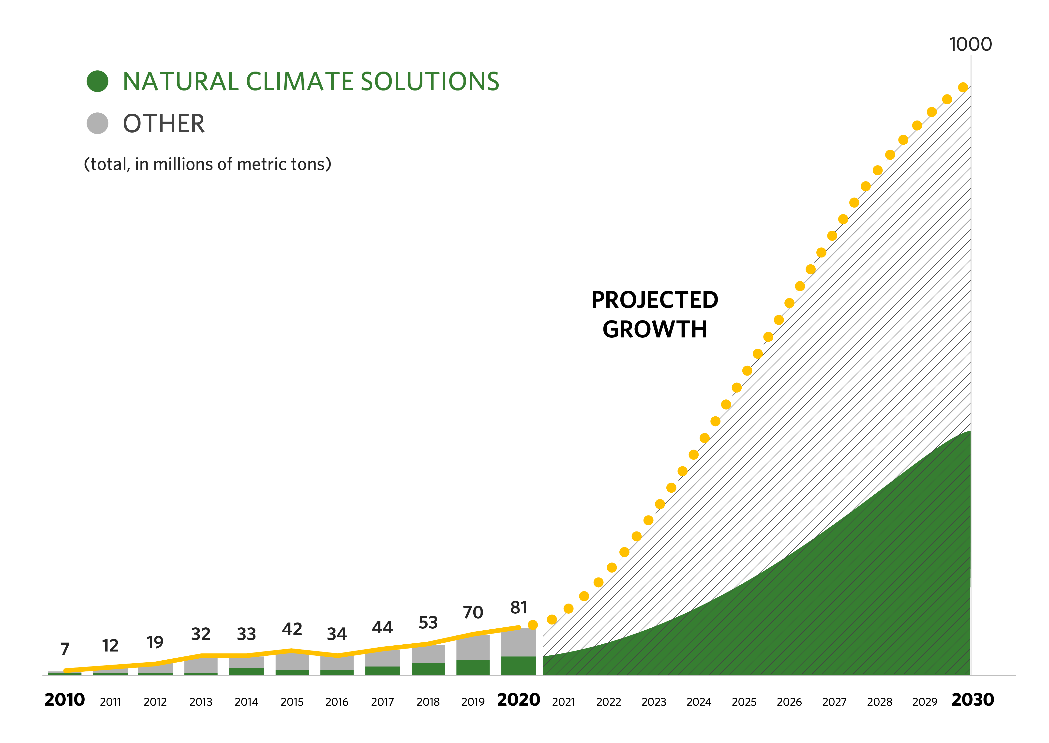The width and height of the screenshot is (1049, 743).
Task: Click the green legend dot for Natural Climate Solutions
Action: click(x=97, y=81)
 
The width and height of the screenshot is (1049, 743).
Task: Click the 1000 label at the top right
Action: click(x=970, y=44)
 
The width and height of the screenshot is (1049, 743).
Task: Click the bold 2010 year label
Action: click(x=64, y=699)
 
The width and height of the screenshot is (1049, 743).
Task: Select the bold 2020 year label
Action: click(x=518, y=699)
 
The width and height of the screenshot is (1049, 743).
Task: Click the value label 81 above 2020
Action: click(x=519, y=607)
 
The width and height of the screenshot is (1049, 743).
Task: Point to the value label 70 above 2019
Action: click(x=473, y=612)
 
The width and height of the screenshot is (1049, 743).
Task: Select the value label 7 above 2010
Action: click(x=65, y=649)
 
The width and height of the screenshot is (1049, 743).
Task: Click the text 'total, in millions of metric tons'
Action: click(x=207, y=164)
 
